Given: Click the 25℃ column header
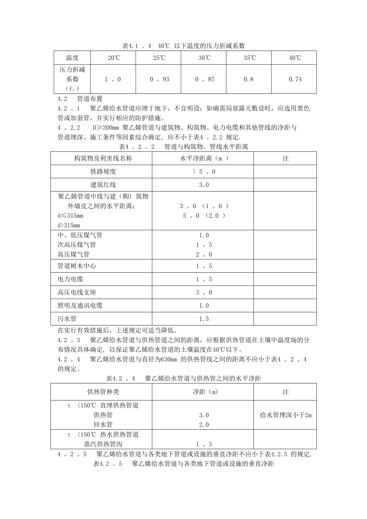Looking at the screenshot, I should click(x=158, y=58).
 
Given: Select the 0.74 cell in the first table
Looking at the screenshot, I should click(x=295, y=79).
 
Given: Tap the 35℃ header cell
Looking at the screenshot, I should click(x=250, y=58).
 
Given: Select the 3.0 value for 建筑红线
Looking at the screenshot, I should click(x=204, y=185).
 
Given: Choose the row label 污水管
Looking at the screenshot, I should click(x=67, y=319).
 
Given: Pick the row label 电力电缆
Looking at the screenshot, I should click(x=70, y=279).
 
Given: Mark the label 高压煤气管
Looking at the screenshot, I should click(x=73, y=254).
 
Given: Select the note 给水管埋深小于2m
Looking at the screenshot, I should click(x=285, y=415).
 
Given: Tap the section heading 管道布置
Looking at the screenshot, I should click(x=90, y=99).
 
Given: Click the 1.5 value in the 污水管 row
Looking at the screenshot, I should click(x=204, y=319).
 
